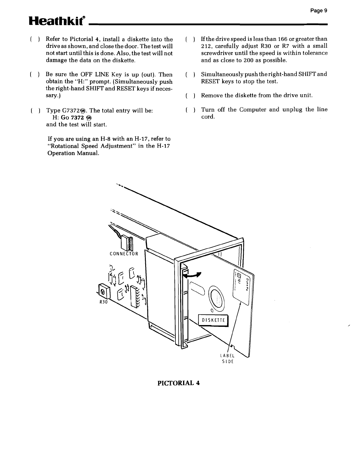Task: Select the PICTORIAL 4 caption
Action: click(x=179, y=383)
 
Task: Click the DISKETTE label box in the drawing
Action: click(x=213, y=320)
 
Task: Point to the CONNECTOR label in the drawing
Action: click(x=123, y=253)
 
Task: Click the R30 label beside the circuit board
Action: click(x=103, y=302)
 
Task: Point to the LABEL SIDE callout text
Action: click(x=227, y=359)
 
